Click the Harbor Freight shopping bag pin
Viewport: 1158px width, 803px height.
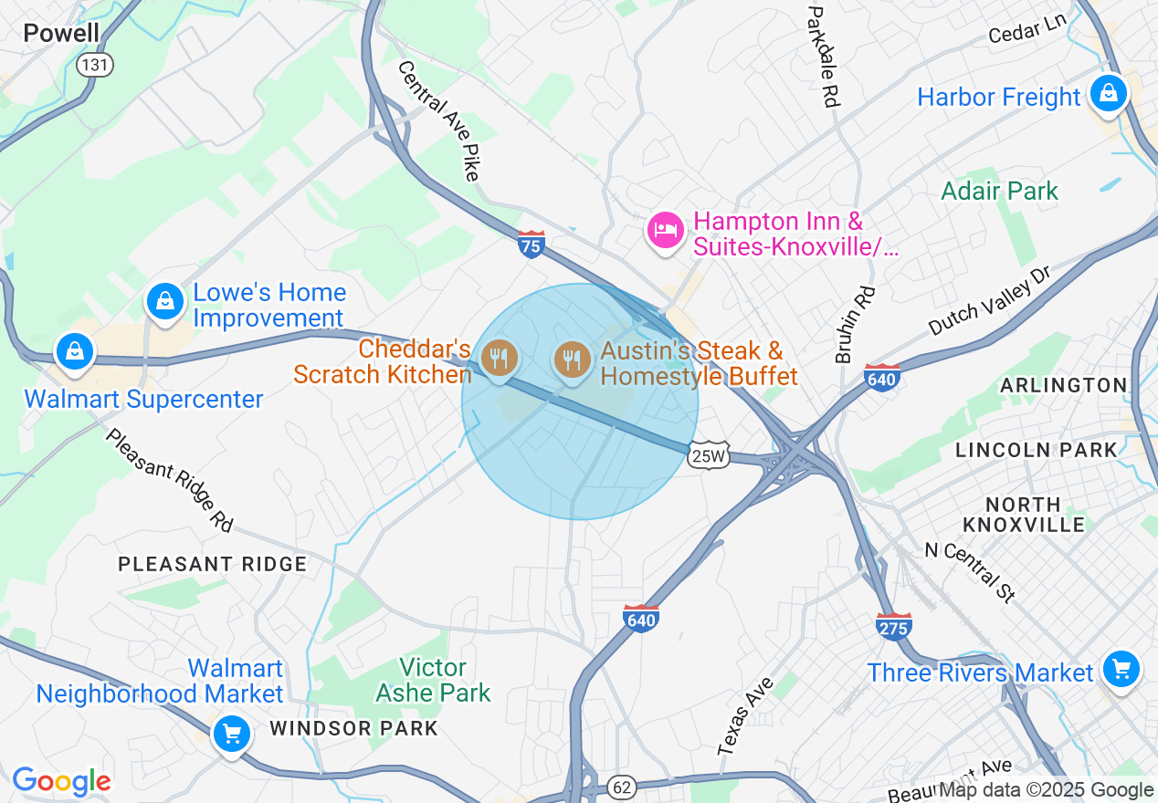coord(1108,93)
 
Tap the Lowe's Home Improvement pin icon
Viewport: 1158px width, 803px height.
coord(165,300)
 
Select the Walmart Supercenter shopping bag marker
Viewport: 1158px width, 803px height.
coord(75,351)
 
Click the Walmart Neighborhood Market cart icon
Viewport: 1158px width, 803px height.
coord(231,732)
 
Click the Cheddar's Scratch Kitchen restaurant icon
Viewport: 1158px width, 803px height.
coord(499,358)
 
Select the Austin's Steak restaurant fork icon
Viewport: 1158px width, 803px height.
coord(573,358)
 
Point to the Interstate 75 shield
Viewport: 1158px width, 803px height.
coord(531,244)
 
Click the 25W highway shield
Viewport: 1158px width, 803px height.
coord(710,454)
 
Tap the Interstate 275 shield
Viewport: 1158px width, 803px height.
coord(893,626)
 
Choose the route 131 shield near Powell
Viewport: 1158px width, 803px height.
coord(95,65)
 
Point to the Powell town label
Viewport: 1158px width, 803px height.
coord(61,34)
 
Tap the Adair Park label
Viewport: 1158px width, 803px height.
coord(1000,191)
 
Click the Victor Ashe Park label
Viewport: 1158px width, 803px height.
coord(434,680)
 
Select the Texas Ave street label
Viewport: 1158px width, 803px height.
coord(745,716)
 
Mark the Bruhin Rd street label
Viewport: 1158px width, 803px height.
coord(855,325)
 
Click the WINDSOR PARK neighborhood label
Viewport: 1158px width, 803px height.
coord(354,728)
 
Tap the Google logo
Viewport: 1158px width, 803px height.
coord(61,781)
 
